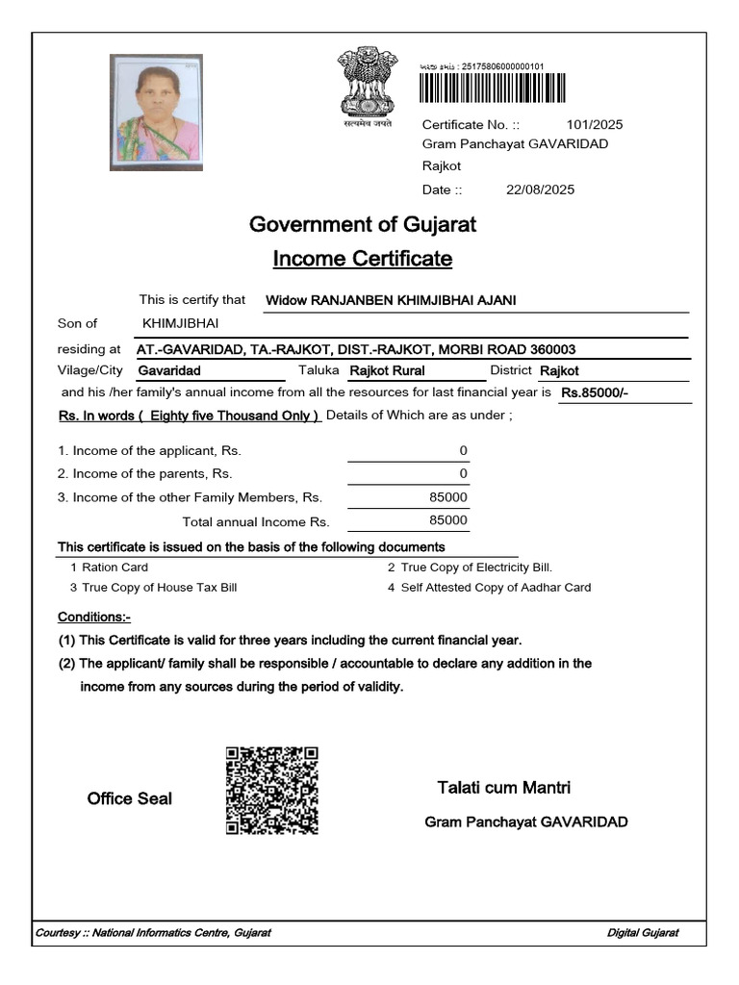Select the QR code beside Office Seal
pyautogui.click(x=271, y=790)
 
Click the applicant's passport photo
pyautogui.click(x=157, y=112)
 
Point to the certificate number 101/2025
pyautogui.click(x=595, y=124)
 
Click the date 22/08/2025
pyautogui.click(x=540, y=189)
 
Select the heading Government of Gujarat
pyautogui.click(x=363, y=225)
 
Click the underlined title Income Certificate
pyautogui.click(x=363, y=259)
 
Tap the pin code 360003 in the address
pyautogui.click(x=553, y=349)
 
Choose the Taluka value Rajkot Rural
pyautogui.click(x=387, y=370)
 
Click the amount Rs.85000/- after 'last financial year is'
pyautogui.click(x=595, y=392)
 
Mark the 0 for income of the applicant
pyautogui.click(x=463, y=450)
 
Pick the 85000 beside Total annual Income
pyautogui.click(x=448, y=520)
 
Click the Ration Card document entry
pyautogui.click(x=115, y=568)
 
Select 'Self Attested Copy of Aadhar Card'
pyautogui.click(x=496, y=587)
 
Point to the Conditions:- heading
pyautogui.click(x=94, y=617)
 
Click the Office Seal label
pyautogui.click(x=130, y=798)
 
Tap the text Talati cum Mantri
pyautogui.click(x=503, y=788)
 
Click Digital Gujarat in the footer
pyautogui.click(x=643, y=933)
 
